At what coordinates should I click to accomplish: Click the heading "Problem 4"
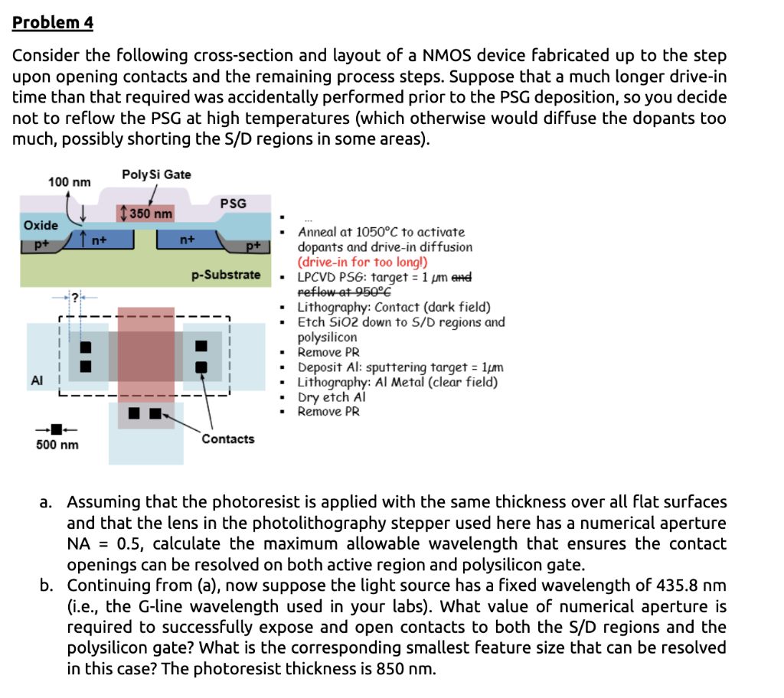(x=53, y=23)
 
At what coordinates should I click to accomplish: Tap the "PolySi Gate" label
(x=156, y=174)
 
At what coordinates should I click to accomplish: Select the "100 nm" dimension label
(x=69, y=182)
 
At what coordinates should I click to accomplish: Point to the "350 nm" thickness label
(x=148, y=213)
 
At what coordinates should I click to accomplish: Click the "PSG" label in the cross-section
(x=233, y=203)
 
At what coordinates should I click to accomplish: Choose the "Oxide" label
(x=41, y=225)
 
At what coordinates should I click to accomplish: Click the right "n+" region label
(x=187, y=240)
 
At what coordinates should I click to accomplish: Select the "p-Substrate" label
(x=227, y=274)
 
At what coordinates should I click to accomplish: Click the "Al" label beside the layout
(x=36, y=380)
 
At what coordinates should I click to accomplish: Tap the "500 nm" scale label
(x=57, y=445)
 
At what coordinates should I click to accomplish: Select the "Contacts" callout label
(x=228, y=439)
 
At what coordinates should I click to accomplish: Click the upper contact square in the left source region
(x=86, y=347)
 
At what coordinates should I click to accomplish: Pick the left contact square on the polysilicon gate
(x=136, y=414)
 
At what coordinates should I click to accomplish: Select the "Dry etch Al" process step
(x=332, y=397)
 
